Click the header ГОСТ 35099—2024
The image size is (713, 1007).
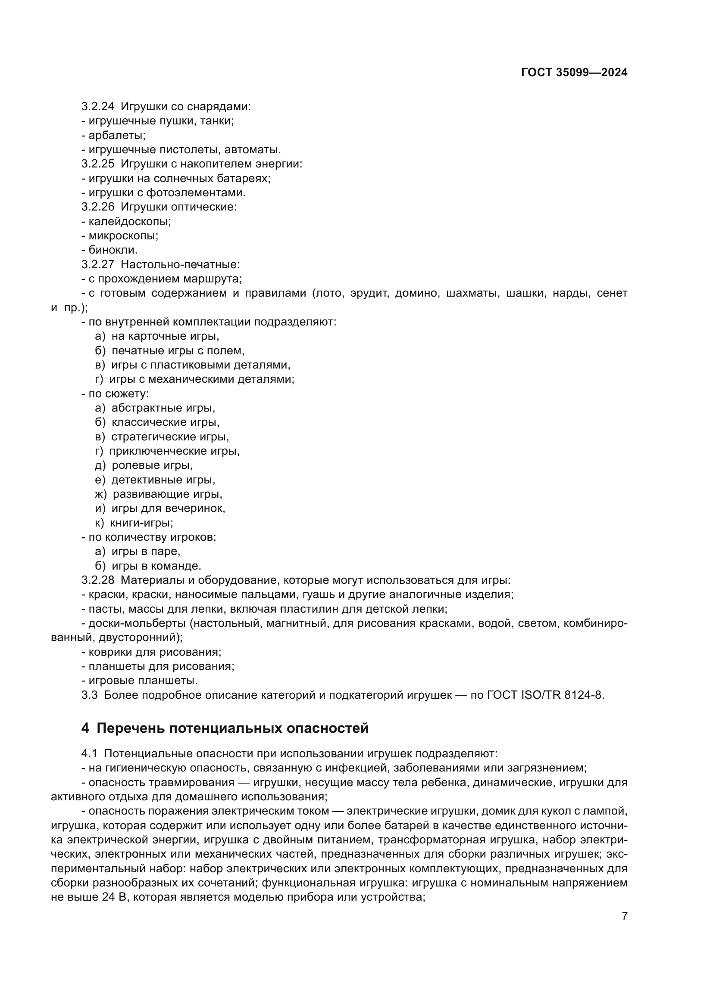click(x=574, y=73)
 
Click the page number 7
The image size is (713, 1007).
click(x=624, y=916)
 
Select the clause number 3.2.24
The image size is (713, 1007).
click(x=97, y=107)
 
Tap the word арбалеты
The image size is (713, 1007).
click(x=117, y=135)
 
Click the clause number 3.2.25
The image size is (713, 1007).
click(x=97, y=164)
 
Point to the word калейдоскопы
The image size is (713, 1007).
click(x=129, y=221)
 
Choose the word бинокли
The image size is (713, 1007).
click(x=113, y=250)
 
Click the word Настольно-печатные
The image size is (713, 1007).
click(x=180, y=264)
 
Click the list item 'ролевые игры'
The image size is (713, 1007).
click(x=152, y=465)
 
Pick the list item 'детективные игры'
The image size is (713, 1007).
click(x=163, y=480)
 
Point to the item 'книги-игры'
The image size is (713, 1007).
click(x=141, y=523)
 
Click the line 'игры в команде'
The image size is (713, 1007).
click(x=156, y=566)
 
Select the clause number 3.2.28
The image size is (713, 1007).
click(x=97, y=580)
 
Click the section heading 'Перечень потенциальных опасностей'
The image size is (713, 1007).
click(x=232, y=728)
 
